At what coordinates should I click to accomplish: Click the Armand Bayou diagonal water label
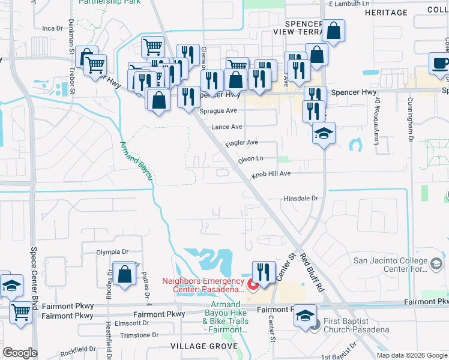click(137, 161)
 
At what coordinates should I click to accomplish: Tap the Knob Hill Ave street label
click(271, 173)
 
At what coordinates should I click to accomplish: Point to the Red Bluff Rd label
click(312, 272)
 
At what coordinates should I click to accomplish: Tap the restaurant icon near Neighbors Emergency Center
click(263, 272)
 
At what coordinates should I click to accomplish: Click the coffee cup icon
click(440, 63)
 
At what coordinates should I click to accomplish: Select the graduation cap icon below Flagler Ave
click(324, 133)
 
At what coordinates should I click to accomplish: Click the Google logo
click(20, 353)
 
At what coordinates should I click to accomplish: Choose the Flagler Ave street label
click(241, 143)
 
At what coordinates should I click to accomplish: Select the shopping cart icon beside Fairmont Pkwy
click(20, 311)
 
